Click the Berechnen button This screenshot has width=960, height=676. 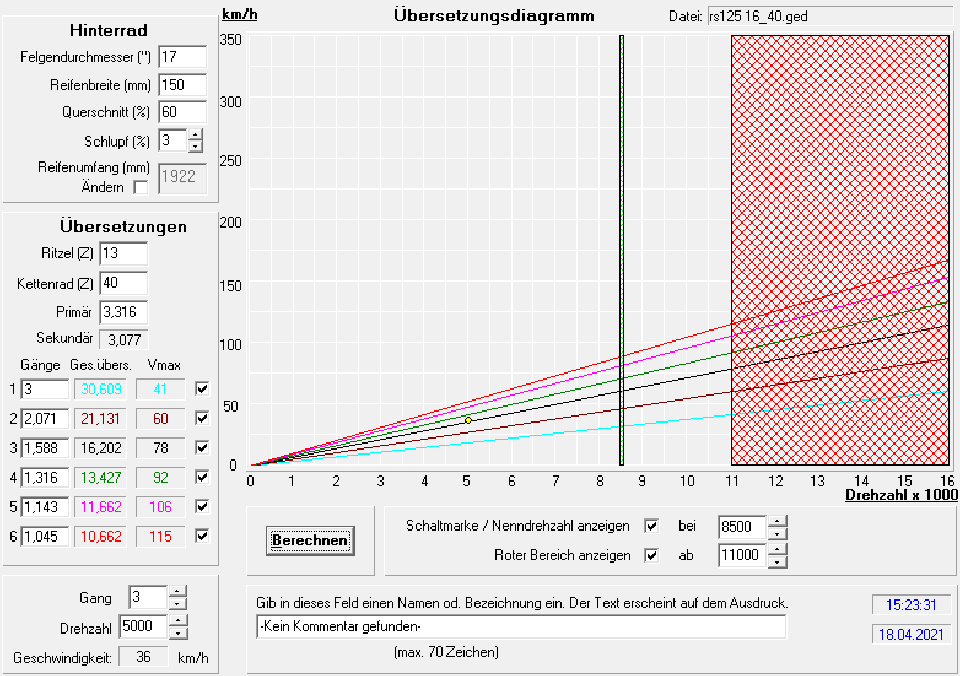[310, 540]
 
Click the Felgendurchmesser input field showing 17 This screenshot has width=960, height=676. [182, 57]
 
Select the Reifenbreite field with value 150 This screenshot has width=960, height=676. [182, 85]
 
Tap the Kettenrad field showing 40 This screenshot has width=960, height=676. [123, 283]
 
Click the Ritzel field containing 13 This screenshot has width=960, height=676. [123, 253]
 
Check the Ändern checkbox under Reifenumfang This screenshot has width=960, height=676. [141, 188]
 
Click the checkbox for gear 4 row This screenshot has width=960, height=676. [202, 477]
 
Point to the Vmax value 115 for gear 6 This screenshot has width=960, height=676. [160, 537]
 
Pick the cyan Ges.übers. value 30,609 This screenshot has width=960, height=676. [101, 390]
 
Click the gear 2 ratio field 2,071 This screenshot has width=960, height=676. [45, 419]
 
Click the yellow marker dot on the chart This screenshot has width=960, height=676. [468, 420]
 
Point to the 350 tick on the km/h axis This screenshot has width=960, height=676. [231, 40]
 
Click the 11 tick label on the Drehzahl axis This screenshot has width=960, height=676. [732, 482]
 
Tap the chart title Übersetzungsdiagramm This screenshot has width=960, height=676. [494, 16]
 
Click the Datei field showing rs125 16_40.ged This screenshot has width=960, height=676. [829, 17]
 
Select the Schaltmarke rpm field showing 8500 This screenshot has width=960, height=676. [741, 527]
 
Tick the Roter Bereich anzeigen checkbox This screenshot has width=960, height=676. [651, 556]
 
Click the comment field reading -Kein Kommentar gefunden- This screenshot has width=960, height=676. [521, 627]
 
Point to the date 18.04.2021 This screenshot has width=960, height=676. [911, 634]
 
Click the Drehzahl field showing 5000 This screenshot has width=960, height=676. [143, 626]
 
